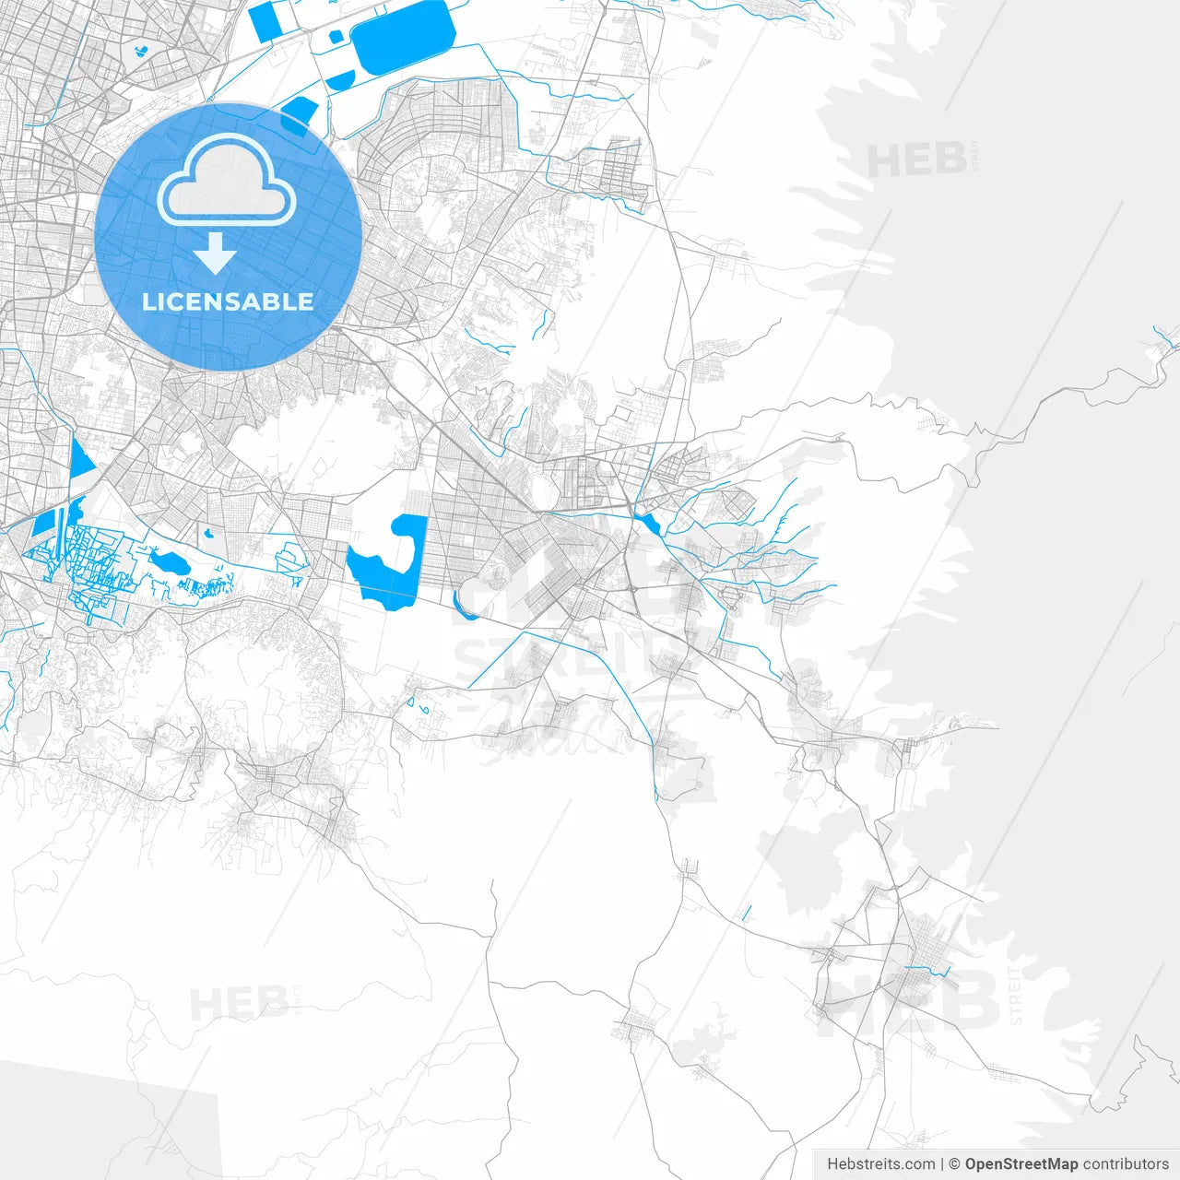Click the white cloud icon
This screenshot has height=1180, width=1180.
227,185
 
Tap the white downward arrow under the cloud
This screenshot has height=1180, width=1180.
215,253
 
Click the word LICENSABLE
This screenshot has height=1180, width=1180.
228,301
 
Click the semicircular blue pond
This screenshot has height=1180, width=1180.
338,79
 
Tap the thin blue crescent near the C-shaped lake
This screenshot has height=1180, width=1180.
462,606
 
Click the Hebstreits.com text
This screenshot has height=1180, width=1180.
879,1164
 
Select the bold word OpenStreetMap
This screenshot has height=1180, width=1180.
1021,1164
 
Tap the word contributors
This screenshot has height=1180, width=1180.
1126,1164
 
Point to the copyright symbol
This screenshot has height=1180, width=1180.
955,1164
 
